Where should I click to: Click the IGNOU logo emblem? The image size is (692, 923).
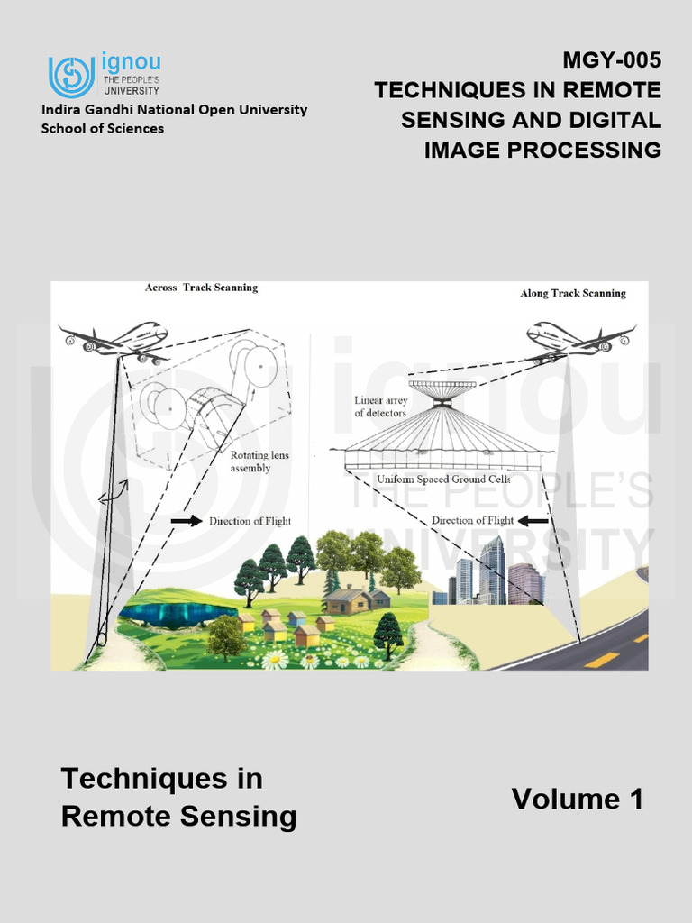(71, 76)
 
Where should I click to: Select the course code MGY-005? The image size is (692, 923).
(612, 61)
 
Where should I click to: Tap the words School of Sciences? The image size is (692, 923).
(103, 128)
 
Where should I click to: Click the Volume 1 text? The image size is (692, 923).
(578, 799)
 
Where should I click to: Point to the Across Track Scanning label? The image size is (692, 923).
(202, 288)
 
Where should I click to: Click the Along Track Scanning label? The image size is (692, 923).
(573, 293)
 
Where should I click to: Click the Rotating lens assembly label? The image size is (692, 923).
(259, 461)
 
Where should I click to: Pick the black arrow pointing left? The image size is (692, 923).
(535, 520)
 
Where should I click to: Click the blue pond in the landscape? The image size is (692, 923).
(178, 615)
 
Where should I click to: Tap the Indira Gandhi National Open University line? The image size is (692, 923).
(174, 109)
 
